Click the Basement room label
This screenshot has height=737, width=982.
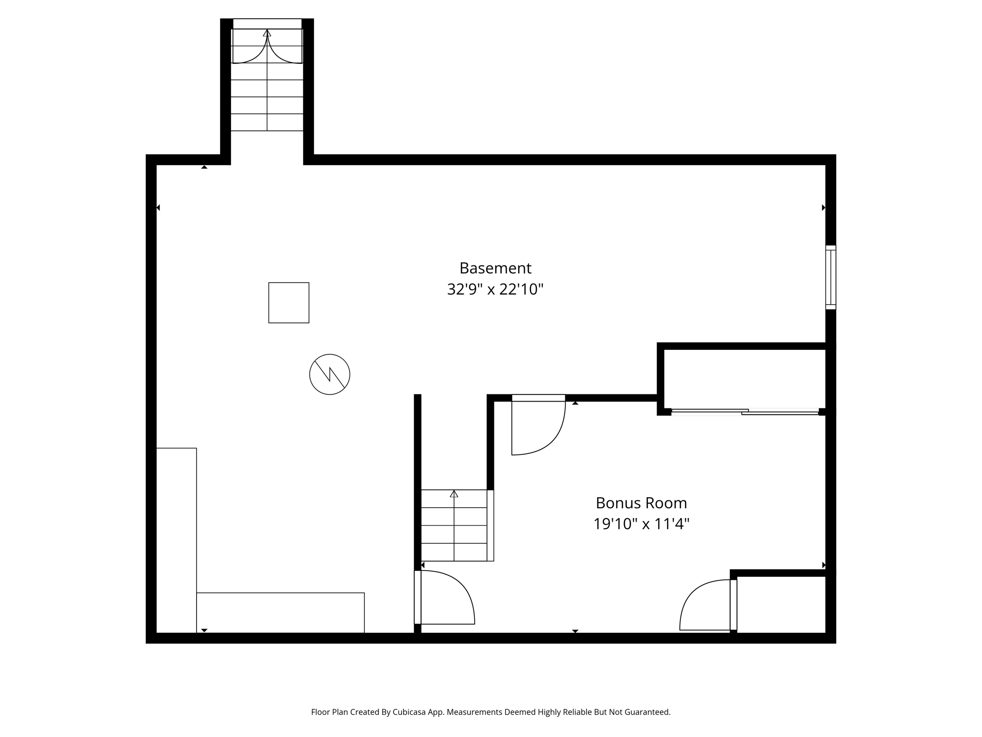coord(495,268)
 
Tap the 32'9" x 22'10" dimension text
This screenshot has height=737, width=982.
coord(495,289)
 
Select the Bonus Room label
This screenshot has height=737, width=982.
coord(641,503)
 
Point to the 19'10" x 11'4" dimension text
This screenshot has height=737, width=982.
coord(641,524)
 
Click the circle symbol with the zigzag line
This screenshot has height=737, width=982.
coord(329,374)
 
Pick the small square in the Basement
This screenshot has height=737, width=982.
coord(289,303)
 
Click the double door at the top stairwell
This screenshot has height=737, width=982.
coord(267,46)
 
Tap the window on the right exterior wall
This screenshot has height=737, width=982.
coord(830,277)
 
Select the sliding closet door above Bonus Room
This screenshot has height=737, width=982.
coord(745,412)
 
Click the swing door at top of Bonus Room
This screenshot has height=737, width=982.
coord(538,425)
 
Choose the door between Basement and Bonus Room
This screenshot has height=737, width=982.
coord(444,597)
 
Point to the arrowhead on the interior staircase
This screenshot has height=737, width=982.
coord(454,494)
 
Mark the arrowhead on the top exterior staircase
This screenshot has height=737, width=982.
coord(267,33)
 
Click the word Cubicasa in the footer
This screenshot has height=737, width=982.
coord(410,712)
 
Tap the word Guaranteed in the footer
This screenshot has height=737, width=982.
coord(647,712)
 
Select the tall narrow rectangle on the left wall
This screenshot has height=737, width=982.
coord(176,540)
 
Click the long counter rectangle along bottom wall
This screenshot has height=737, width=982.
coord(281,613)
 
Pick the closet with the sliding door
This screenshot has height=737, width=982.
coord(745,379)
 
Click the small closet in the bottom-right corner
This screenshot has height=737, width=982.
coord(781,604)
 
